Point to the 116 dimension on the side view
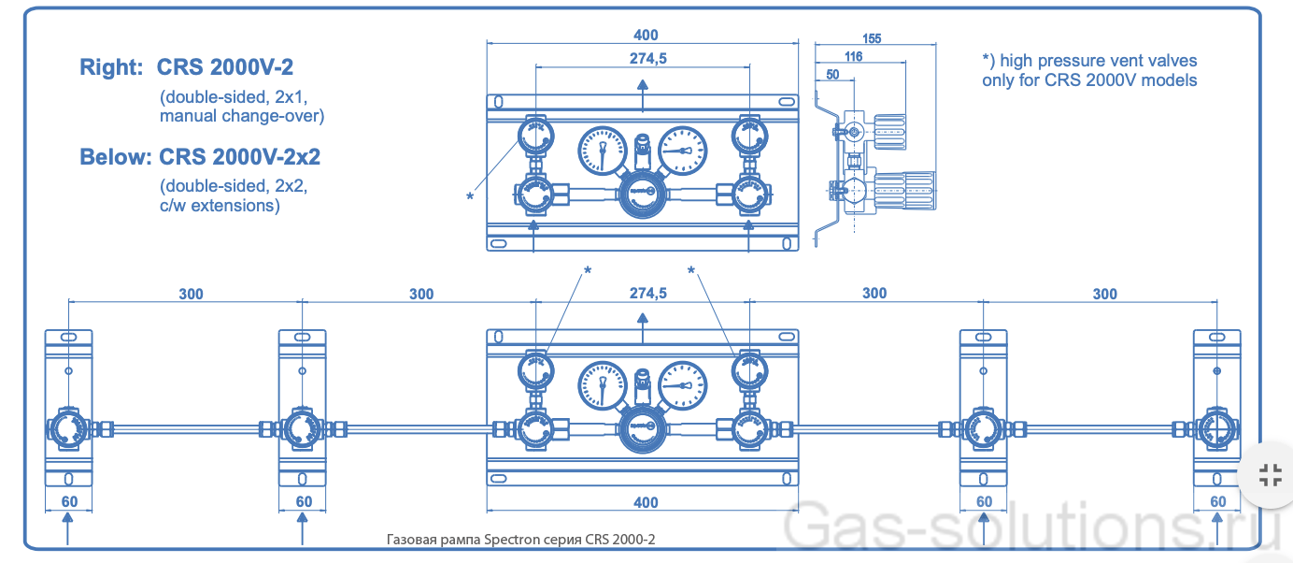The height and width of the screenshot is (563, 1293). (852, 56)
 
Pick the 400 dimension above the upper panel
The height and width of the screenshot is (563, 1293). (645, 36)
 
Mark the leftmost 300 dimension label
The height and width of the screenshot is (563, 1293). (191, 294)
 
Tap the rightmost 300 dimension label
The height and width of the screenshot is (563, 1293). (1104, 294)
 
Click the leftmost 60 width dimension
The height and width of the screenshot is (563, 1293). (69, 501)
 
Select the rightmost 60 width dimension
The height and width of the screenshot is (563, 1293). (1217, 501)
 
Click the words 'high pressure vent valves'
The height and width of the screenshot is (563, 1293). (1099, 61)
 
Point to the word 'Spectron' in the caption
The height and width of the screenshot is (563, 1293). (501, 540)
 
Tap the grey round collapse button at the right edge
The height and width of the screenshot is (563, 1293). (1270, 474)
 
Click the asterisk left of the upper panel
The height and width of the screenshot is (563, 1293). (470, 196)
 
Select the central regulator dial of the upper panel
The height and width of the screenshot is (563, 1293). (642, 194)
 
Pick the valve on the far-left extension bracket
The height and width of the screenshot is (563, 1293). (68, 430)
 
